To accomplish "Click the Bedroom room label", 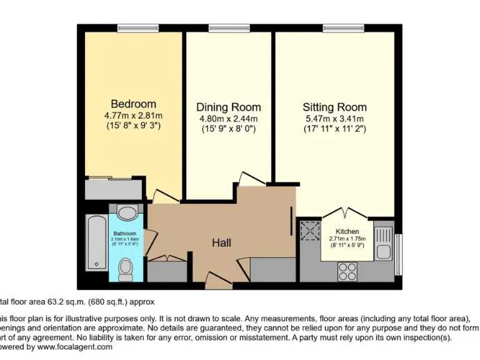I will [133, 104].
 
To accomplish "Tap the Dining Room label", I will [228, 107].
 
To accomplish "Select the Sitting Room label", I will [334, 107].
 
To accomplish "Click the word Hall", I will [222, 242].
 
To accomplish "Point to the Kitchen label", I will [347, 231].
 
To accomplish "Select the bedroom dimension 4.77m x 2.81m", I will [133, 116].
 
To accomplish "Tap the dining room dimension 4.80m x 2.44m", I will [228, 119].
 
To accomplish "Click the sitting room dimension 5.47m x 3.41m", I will [334, 119].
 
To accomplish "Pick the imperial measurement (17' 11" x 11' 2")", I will [334, 129].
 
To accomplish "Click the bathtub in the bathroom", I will [97, 244].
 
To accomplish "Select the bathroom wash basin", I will [126, 213].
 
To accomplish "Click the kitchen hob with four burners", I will [347, 271].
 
